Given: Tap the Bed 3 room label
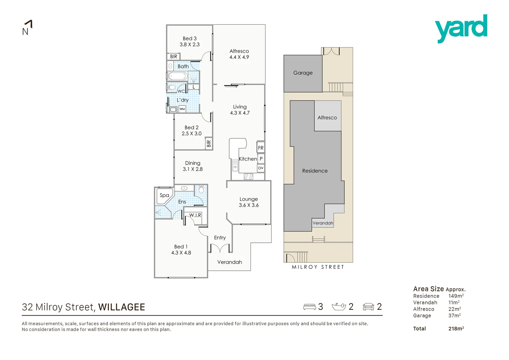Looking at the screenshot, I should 190,39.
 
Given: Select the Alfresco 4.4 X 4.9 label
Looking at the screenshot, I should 239,54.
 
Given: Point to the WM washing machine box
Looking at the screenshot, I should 182,109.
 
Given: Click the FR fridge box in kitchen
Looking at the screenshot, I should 260,148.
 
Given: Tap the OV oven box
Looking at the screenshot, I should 260,168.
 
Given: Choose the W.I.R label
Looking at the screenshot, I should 195,215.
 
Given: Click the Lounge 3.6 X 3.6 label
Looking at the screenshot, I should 249,202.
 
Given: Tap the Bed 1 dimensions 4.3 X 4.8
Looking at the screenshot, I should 181,253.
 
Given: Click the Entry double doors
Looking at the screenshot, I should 220,248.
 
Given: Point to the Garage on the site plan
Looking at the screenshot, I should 303,73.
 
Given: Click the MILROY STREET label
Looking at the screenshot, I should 318,267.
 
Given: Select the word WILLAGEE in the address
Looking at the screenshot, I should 122,307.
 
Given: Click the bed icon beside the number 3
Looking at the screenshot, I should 309,307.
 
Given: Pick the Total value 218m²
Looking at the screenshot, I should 456,329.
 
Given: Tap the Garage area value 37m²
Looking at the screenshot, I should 454,315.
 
